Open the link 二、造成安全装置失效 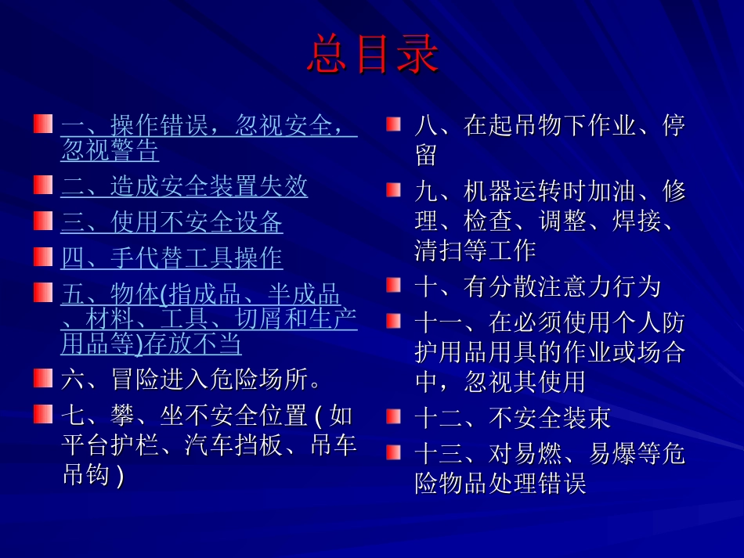(x=184, y=186)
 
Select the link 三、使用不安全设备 (x=172, y=222)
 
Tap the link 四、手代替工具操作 (x=172, y=257)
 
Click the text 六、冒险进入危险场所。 (x=191, y=380)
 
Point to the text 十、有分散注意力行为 (x=537, y=286)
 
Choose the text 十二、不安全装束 (x=512, y=418)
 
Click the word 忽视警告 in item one (x=110, y=150)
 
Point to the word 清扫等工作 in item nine (x=475, y=250)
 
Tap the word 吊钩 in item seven (x=86, y=475)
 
